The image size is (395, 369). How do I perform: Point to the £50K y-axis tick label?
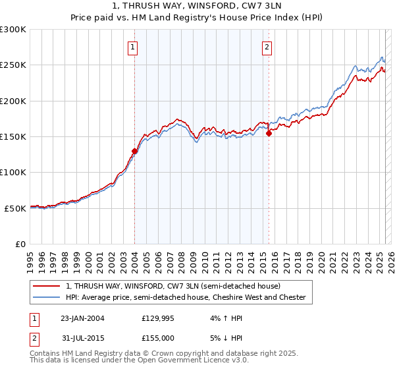(15, 208)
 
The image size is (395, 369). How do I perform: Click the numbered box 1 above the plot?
(134, 47)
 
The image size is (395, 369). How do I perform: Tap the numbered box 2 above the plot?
(267, 47)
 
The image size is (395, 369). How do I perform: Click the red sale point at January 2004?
(135, 151)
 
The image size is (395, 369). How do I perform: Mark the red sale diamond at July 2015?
(269, 133)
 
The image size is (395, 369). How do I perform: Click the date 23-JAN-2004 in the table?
(82, 318)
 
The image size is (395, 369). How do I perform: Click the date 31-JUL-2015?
(82, 340)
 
